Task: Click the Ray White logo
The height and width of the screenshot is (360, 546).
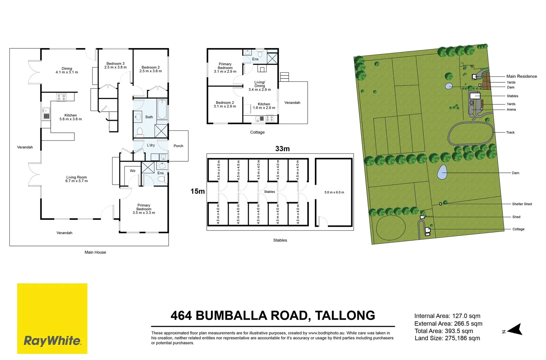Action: click(52, 318)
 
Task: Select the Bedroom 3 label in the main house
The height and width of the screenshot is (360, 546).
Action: click(115, 65)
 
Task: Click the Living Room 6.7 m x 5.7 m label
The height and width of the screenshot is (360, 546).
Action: click(77, 179)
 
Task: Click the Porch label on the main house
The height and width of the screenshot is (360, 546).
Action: click(178, 146)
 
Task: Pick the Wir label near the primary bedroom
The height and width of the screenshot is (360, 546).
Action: click(133, 171)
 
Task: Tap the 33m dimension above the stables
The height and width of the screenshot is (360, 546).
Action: click(283, 149)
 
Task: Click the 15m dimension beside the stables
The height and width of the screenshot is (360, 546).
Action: click(198, 191)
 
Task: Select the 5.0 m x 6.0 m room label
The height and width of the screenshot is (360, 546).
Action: click(334, 192)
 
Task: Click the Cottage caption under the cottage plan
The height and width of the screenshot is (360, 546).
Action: click(257, 132)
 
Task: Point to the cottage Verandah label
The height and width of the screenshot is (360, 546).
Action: click(292, 103)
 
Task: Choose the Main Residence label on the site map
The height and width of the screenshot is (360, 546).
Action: click(522, 76)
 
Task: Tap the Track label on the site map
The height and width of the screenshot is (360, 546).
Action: click(510, 132)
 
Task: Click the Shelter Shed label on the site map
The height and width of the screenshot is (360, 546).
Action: click(522, 204)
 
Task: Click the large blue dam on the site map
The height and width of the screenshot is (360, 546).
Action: click(442, 172)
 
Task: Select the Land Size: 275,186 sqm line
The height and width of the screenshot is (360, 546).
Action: click(447, 338)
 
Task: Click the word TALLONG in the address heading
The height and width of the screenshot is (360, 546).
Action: click(345, 315)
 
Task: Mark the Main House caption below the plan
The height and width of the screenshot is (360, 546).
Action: click(95, 252)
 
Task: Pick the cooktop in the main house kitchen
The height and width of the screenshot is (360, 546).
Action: click(61, 97)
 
